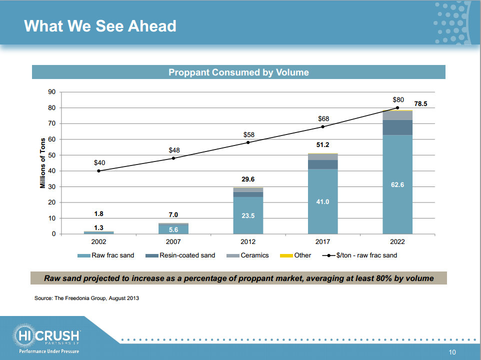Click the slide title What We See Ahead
[x=100, y=25]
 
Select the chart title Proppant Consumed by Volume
[x=238, y=72]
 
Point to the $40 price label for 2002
[x=99, y=162]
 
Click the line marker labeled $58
[x=248, y=142]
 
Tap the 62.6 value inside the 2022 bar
[x=397, y=185]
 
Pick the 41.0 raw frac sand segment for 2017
[x=322, y=201]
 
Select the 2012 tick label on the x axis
[x=248, y=241]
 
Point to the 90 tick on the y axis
[x=51, y=92]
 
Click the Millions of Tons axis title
[x=43, y=163]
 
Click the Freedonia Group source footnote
[x=86, y=298]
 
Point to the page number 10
[x=452, y=352]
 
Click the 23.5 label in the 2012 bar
[x=248, y=216]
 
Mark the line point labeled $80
[x=397, y=107]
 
